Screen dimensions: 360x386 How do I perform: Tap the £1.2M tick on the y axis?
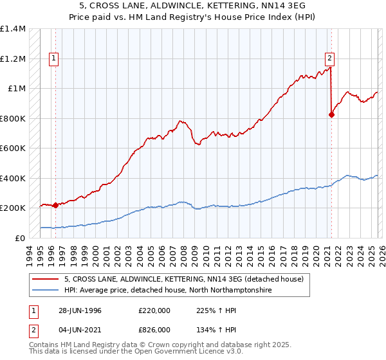pyautogui.click(x=14, y=59)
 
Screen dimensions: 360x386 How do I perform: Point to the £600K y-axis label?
pyautogui.click(x=13, y=148)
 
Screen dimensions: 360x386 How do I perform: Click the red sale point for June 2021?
pyautogui.click(x=332, y=115)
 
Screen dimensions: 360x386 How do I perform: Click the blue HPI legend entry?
pyautogui.click(x=168, y=291)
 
